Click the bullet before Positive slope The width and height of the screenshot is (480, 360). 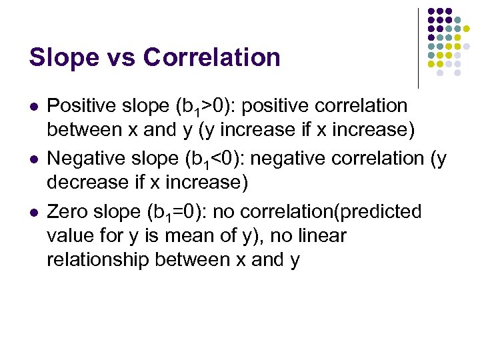pyautogui.click(x=33, y=107)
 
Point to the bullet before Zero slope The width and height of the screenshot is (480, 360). pyautogui.click(x=33, y=213)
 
